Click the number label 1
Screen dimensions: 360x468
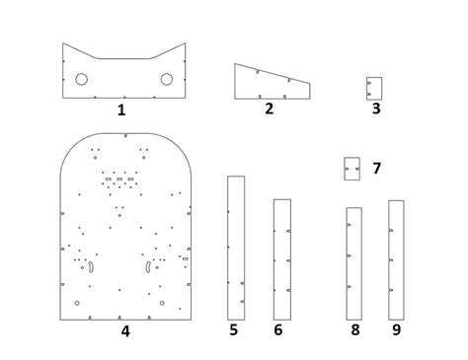[x=121, y=109]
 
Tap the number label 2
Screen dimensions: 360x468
[x=269, y=108]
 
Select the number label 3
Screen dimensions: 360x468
[x=376, y=108]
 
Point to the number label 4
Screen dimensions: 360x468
[x=125, y=330]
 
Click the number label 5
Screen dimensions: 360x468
[x=233, y=329]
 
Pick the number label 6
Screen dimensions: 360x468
[x=277, y=329]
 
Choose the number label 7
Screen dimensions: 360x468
[x=376, y=169]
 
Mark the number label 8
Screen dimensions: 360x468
[x=354, y=329]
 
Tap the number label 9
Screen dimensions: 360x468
[x=396, y=329]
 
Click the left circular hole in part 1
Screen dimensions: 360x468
[x=81, y=79]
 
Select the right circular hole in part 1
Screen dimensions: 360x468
[x=166, y=79]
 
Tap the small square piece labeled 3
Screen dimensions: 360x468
[x=373, y=88]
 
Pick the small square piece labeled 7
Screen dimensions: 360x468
[x=351, y=169]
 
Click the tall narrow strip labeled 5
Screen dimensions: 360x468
[x=236, y=247]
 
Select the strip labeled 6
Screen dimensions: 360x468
[x=282, y=258]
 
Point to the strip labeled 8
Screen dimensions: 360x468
[x=353, y=262]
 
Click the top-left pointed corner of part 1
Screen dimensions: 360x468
[x=63, y=43]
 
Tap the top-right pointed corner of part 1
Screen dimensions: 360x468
[x=185, y=43]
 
